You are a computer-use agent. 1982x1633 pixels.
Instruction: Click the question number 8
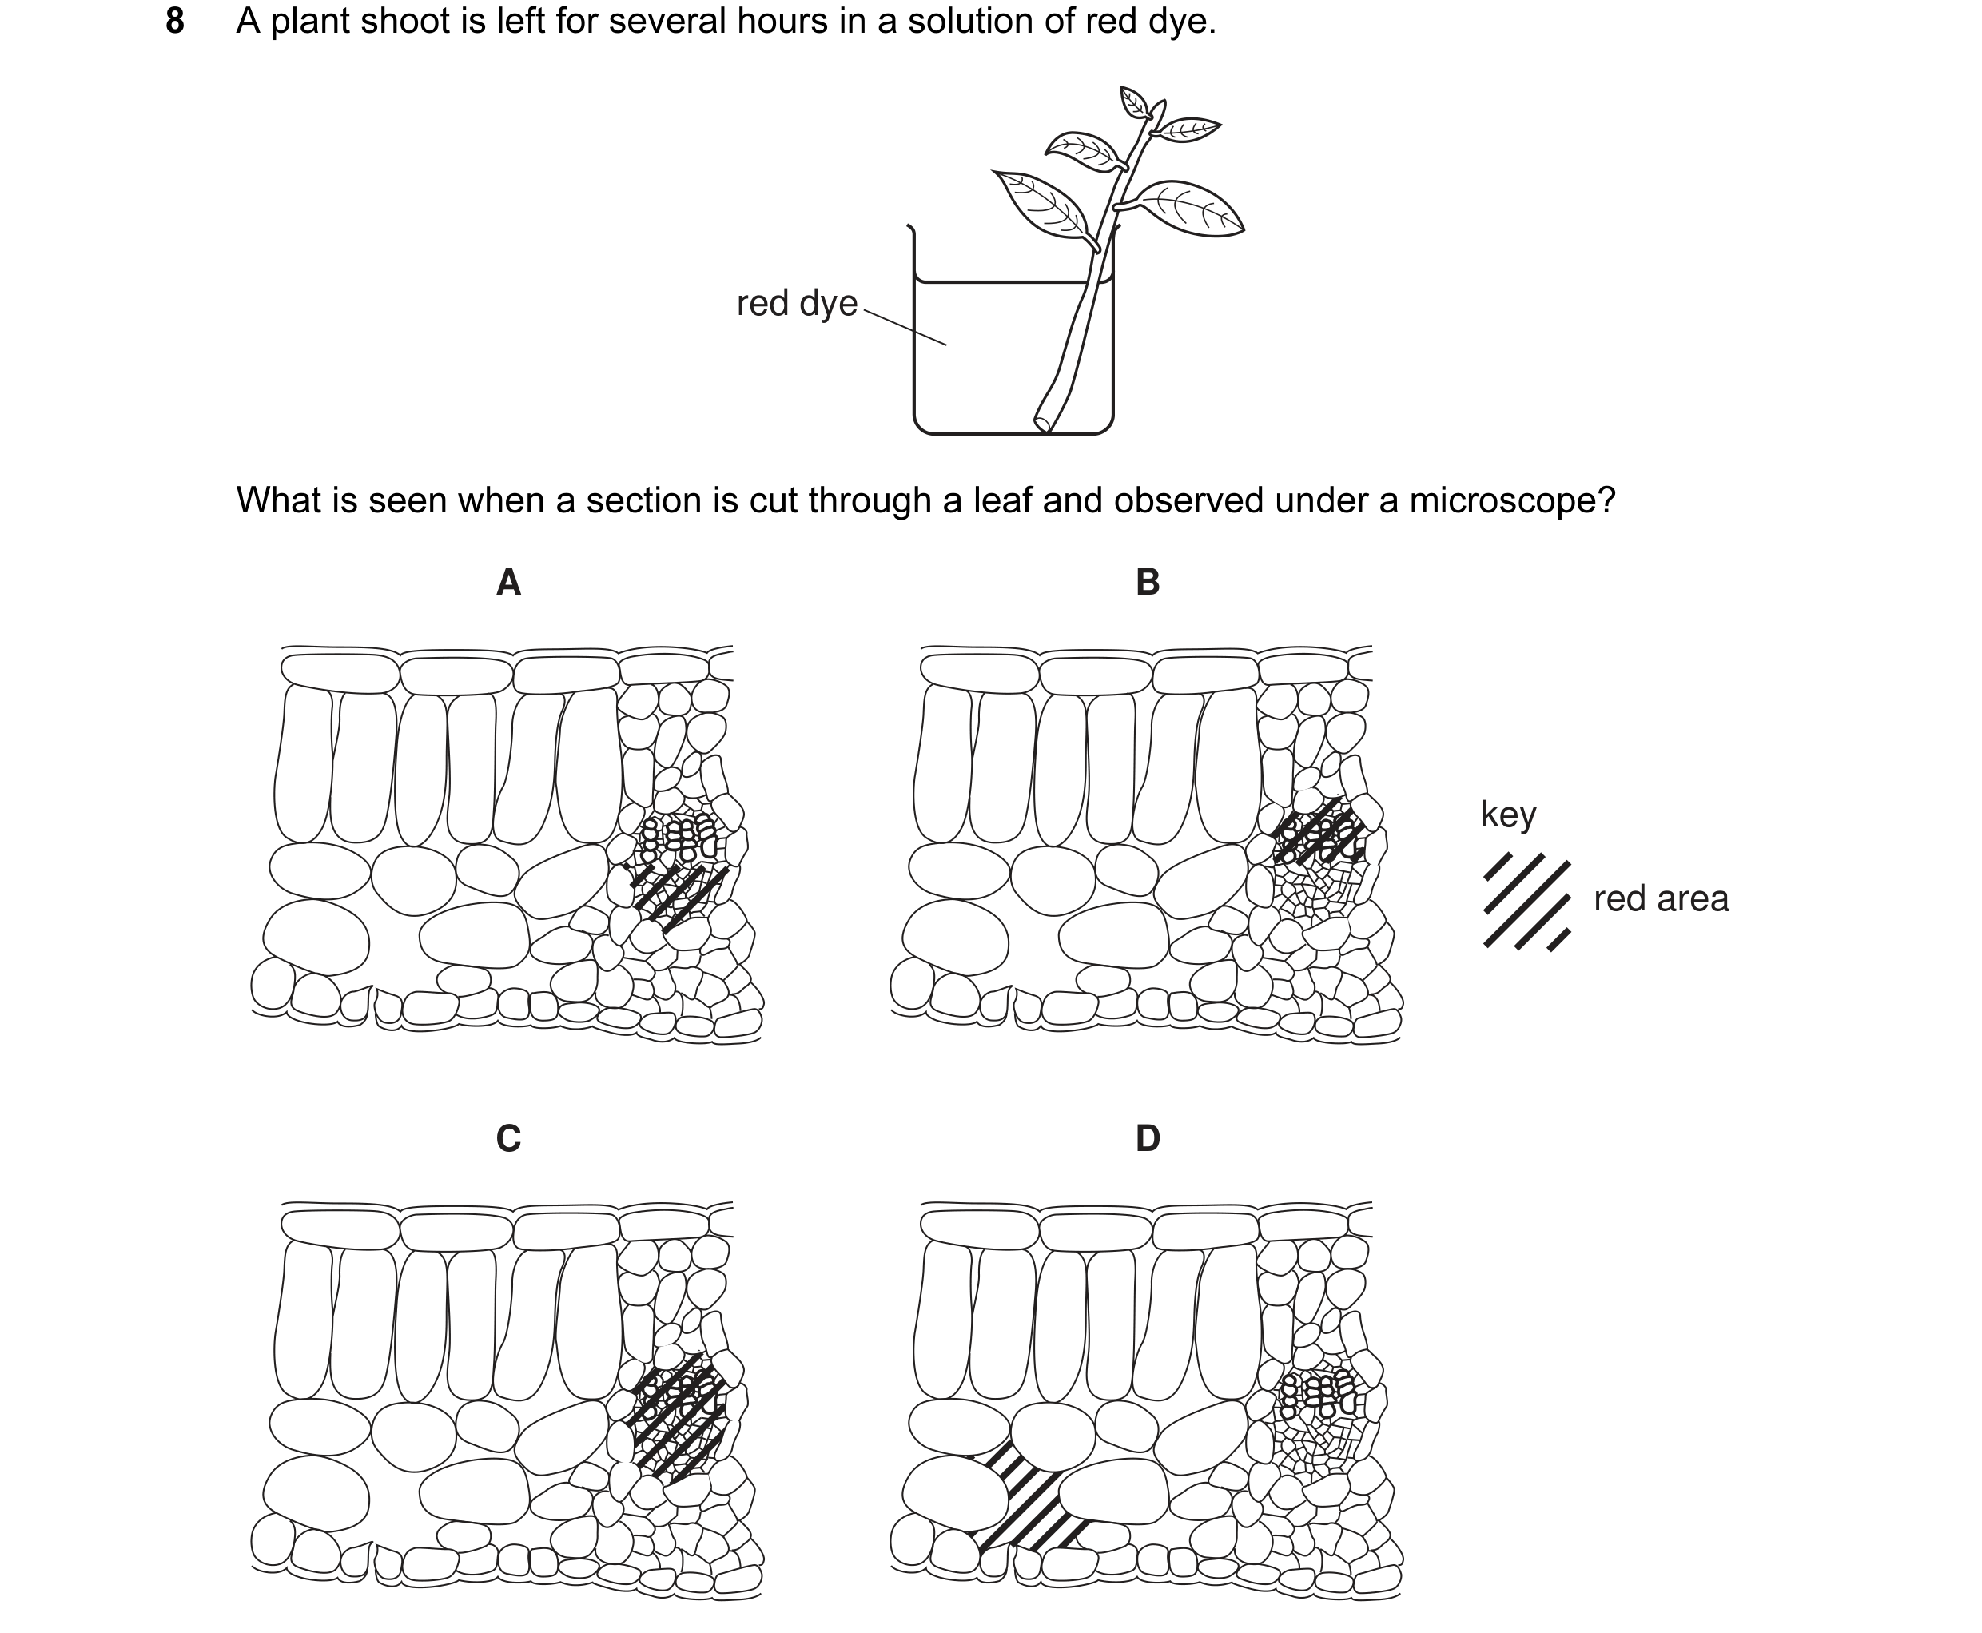click(175, 21)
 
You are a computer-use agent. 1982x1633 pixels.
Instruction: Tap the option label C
click(508, 1138)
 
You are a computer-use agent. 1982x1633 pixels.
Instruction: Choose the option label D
click(1148, 1138)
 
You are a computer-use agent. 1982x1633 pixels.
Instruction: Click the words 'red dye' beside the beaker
click(797, 303)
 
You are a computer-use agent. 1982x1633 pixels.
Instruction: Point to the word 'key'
click(1508, 815)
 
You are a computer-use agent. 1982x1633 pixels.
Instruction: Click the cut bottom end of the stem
click(1042, 424)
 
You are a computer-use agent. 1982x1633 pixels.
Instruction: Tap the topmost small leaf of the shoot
click(1134, 102)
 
